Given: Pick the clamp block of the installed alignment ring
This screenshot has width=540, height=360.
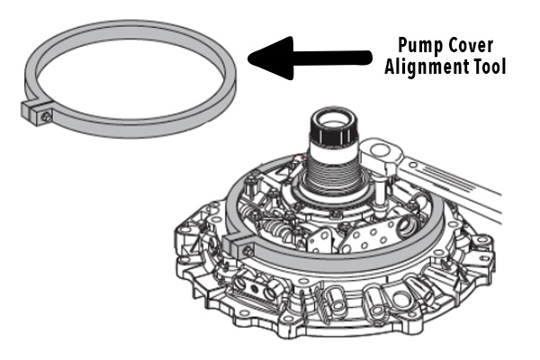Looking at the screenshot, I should point(242,246).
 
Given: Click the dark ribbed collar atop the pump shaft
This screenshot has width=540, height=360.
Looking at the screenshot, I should point(331,136).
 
